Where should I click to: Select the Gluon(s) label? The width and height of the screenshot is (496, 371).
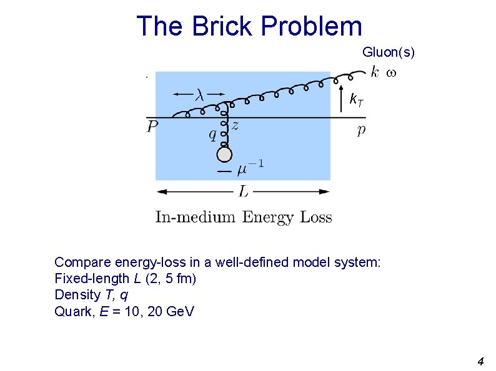tap(388, 52)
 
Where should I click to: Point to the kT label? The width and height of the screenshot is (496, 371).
tap(355, 99)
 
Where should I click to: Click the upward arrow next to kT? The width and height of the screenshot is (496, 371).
tap(341, 100)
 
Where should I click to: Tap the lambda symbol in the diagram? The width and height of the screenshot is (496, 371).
tap(199, 94)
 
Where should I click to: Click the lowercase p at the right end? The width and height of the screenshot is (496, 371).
tap(361, 130)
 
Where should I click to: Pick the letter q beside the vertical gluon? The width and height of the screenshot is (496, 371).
tap(212, 134)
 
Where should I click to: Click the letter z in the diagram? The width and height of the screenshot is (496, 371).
tap(235, 125)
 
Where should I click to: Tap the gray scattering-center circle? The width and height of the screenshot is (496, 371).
tap(224, 155)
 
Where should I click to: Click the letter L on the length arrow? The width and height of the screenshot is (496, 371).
tap(243, 191)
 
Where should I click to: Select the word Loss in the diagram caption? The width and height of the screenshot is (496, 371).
tap(315, 218)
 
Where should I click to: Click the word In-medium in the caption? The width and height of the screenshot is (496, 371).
tap(195, 218)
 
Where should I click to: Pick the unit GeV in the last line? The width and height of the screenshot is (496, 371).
tap(180, 311)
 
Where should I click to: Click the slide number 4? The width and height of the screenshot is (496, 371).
tap(480, 361)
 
